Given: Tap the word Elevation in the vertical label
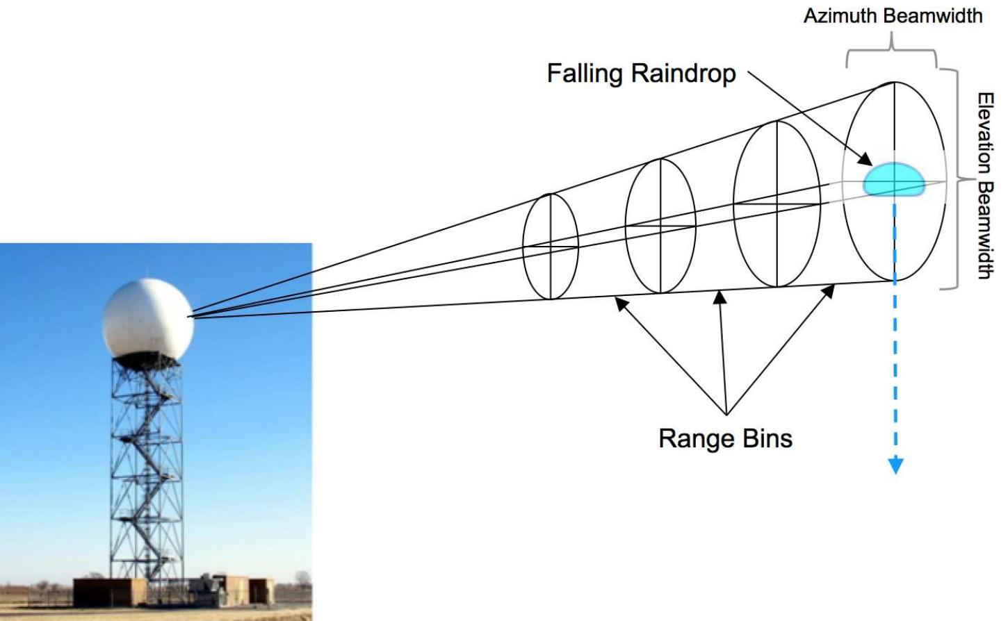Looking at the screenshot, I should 985,133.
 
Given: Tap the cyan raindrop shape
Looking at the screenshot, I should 893,179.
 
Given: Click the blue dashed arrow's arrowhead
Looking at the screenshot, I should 895,465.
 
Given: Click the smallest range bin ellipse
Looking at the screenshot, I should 551,246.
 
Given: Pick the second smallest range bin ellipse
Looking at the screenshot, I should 660,226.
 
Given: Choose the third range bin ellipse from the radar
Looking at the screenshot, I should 777,204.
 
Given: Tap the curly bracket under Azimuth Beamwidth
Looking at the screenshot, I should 892,51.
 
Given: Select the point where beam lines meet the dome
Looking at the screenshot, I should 191,316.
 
